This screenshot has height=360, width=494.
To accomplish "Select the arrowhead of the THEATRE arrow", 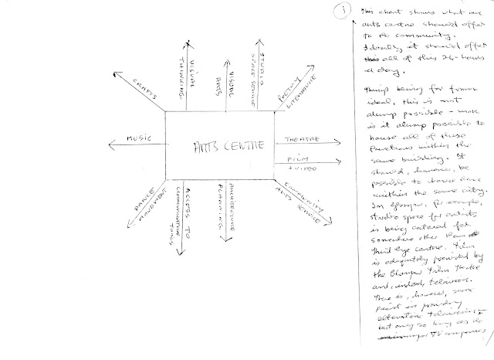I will (319, 143).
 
